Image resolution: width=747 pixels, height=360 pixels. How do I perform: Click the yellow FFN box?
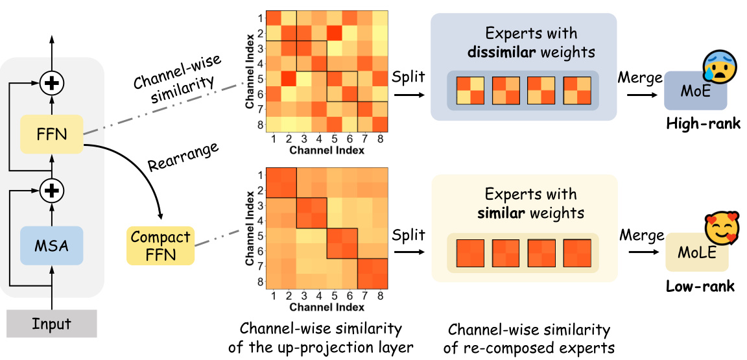coord(51,134)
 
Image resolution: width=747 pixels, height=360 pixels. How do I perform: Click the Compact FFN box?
coord(160,246)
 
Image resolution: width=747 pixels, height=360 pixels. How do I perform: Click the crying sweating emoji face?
coord(718,68)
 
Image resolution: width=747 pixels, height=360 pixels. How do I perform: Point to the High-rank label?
coord(703,123)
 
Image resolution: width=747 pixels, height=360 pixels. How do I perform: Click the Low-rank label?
coord(700,286)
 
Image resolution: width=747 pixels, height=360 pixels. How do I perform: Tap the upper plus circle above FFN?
coord(51,82)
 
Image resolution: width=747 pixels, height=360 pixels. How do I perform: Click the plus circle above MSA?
coord(51,191)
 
